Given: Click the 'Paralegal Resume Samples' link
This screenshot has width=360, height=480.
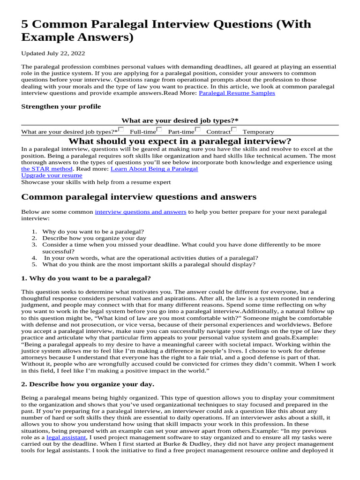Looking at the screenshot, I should [237, 93].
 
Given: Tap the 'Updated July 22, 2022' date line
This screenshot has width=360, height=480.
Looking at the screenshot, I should [53, 53].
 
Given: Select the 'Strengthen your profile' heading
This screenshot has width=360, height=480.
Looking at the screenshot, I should [61, 106].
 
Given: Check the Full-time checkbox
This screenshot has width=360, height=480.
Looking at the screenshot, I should [121, 130].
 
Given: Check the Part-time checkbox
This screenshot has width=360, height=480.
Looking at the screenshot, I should [159, 130].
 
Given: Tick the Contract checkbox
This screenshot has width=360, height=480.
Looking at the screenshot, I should [198, 130].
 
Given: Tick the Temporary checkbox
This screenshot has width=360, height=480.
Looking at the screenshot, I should [234, 130].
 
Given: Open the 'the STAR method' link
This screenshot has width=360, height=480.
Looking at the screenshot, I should [47, 169].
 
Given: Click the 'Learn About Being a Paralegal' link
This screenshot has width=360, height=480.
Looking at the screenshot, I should [154, 169].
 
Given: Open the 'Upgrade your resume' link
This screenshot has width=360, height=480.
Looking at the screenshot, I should [52, 175].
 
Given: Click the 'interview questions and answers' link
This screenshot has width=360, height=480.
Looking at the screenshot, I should [141, 212].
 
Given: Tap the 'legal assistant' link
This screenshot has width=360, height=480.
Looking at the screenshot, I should [66, 437].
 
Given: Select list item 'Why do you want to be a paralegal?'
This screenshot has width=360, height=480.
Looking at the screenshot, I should [93, 231].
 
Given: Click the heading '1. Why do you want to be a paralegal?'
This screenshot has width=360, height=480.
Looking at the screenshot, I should [86, 278].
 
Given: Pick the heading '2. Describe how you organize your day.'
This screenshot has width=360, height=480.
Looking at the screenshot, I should [88, 384].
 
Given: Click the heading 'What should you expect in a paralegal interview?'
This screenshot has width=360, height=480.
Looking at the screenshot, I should [180, 141].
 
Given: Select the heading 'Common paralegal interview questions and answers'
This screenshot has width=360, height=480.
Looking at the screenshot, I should [139, 197].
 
